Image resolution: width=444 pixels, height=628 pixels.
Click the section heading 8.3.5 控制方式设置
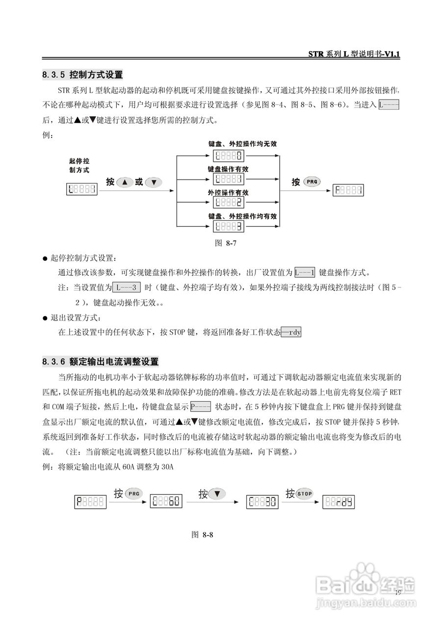coord(82,75)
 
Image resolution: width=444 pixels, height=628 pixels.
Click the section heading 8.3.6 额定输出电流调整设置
coord(101,362)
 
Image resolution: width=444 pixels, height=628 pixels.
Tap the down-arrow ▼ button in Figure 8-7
coord(154,182)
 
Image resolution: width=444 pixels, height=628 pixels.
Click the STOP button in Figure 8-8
coord(305,494)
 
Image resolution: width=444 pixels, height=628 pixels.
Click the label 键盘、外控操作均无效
coord(242,144)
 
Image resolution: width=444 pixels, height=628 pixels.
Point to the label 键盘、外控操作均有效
coord(242,216)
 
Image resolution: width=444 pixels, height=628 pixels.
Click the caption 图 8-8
coord(202,534)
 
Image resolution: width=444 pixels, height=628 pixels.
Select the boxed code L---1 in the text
coord(305,272)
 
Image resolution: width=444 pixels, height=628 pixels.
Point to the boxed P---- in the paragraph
coord(200,407)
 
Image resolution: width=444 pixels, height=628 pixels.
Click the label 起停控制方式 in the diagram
coord(79,165)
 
